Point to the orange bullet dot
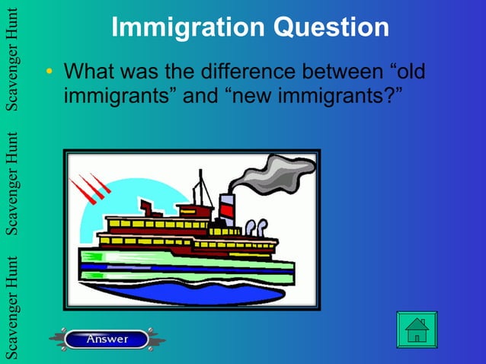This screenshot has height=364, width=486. (49, 73)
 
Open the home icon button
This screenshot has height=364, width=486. (417, 330)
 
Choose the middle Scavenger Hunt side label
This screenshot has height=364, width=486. (11, 183)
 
